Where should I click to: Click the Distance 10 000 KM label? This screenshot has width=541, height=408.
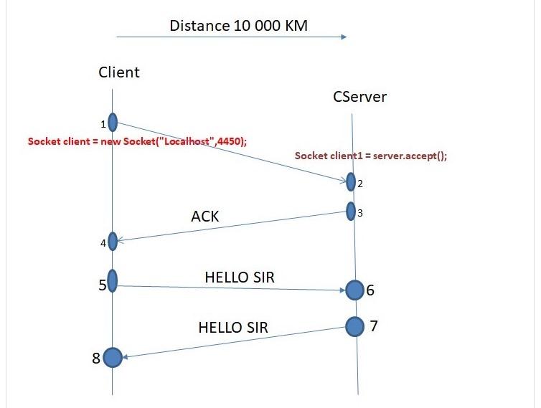(x=238, y=27)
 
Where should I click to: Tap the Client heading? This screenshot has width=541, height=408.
(x=119, y=72)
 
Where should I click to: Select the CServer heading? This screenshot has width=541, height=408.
(x=359, y=96)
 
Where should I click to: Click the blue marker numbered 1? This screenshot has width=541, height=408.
(x=113, y=123)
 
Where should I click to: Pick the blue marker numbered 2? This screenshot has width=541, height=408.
(x=351, y=182)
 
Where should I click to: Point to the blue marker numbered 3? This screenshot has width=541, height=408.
(x=351, y=212)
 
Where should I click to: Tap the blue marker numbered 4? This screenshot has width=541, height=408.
(x=113, y=242)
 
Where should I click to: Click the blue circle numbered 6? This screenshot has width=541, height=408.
(x=354, y=290)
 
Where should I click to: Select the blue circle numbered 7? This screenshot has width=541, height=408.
(x=354, y=326)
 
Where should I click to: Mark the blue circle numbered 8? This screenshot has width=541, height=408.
(x=113, y=357)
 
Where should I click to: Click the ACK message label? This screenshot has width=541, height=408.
(x=205, y=216)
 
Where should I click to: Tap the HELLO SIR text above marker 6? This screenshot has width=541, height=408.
(x=240, y=277)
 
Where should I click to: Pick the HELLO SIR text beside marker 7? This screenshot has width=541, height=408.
(x=232, y=328)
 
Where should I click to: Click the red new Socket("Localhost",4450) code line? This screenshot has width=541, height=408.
(x=137, y=141)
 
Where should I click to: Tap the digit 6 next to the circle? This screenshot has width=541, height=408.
(x=370, y=290)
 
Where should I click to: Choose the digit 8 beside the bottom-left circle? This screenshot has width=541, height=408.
(x=96, y=358)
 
